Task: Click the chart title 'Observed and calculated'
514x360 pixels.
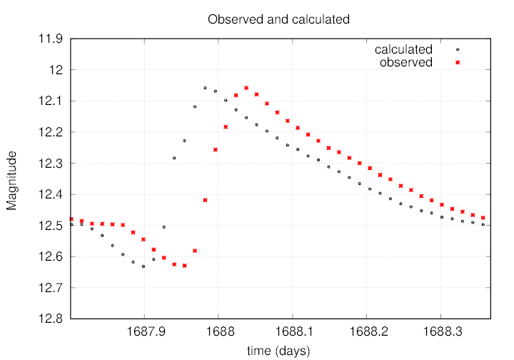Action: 278,19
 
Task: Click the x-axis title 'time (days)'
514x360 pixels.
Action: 278,350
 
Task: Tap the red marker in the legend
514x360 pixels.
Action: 458,62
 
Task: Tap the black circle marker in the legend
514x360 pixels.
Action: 458,50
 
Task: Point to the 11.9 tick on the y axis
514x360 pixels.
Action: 51,39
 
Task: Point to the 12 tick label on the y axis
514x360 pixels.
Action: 57,70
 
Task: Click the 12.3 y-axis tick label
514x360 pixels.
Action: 51,163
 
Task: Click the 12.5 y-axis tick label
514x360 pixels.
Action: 51,225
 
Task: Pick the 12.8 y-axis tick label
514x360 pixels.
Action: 51,319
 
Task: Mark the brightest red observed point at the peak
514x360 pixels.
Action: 246,88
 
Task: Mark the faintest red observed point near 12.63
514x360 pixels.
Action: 184,266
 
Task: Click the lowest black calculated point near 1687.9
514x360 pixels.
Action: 143,266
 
